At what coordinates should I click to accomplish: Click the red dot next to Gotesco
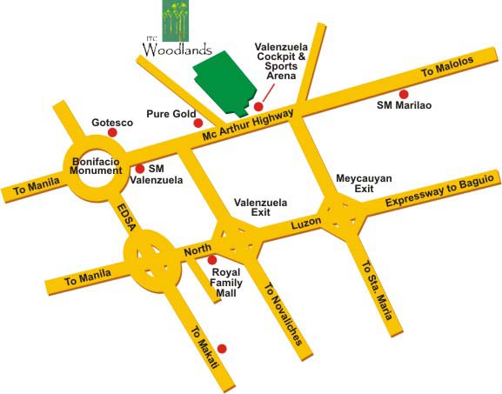tap(112, 137)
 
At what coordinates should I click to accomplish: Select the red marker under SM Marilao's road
tap(403, 94)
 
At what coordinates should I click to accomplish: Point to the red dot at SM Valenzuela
tap(139, 169)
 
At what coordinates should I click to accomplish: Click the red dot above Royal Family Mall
tap(211, 260)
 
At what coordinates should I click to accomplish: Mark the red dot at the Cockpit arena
tap(258, 107)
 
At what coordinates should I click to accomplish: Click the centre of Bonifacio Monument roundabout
tap(97, 165)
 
